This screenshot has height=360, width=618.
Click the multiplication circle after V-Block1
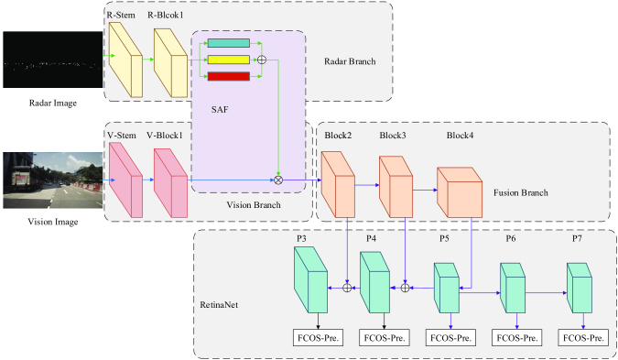(278, 180)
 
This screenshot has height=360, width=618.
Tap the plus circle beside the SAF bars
(263, 60)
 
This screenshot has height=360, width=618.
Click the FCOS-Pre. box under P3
(317, 338)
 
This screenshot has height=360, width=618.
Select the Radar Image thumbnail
(51, 62)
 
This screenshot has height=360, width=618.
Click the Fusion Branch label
(546, 192)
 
